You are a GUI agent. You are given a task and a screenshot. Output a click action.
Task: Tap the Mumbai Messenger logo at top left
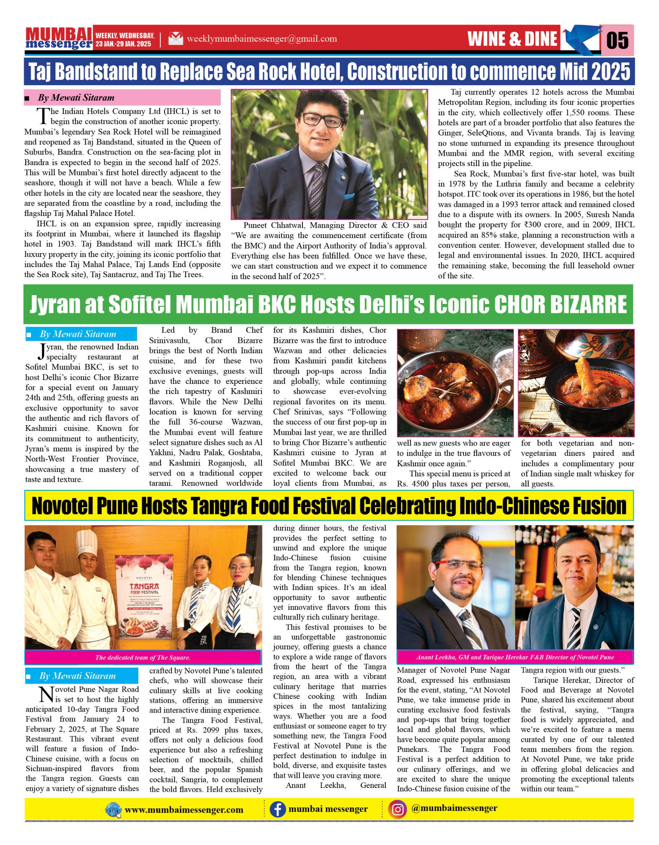[58, 38]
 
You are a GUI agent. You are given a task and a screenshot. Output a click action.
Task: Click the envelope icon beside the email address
[175, 39]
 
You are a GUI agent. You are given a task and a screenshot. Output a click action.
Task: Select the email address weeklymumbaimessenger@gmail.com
[261, 39]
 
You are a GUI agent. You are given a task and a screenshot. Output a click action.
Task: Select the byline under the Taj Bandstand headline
[76, 97]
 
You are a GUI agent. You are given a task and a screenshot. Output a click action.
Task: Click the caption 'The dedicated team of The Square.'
[142, 658]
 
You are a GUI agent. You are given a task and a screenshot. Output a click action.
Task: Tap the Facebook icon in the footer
[277, 809]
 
